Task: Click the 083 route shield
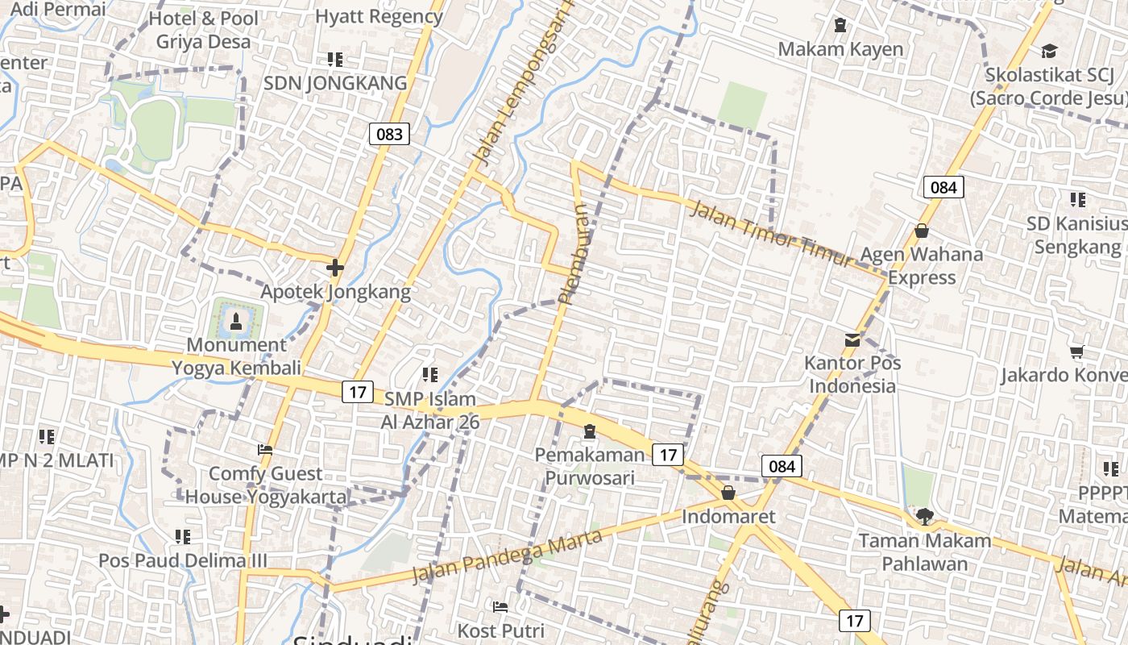click(389, 134)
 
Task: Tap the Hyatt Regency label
click(379, 16)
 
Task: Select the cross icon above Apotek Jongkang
click(335, 267)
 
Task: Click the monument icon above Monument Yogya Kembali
click(235, 322)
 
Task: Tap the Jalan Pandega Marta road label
click(507, 556)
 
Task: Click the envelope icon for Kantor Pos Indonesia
click(852, 340)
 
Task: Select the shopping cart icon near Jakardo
click(1076, 352)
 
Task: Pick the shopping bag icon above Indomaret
click(728, 493)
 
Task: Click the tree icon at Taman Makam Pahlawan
click(924, 516)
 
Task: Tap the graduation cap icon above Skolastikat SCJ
click(1048, 52)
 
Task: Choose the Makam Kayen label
click(840, 49)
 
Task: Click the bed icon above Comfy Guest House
click(264, 450)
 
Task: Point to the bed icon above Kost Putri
click(500, 606)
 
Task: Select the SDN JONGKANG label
click(335, 83)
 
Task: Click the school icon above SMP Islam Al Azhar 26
click(430, 375)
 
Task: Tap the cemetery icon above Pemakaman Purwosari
click(590, 432)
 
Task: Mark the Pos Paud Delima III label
click(183, 560)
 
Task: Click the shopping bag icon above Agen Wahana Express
click(922, 231)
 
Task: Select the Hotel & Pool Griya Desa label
click(204, 30)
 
